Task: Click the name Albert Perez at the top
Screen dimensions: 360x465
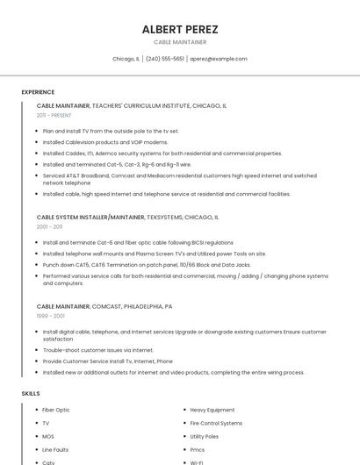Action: coord(180,30)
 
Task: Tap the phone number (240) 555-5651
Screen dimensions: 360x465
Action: coord(165,59)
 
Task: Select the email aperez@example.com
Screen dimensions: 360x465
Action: coord(219,59)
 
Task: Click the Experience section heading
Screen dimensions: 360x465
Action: coord(38,92)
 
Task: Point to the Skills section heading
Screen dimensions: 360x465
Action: coord(31,394)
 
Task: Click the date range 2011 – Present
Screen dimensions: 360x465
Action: coord(54,115)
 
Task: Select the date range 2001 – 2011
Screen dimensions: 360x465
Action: coord(50,226)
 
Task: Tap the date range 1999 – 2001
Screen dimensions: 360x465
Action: coord(50,316)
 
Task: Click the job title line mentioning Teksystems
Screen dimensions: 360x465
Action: coord(127,217)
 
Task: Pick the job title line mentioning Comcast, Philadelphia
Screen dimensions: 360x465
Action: coord(104,306)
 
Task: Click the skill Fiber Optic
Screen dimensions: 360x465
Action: coord(56,410)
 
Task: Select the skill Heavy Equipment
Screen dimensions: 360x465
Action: coord(212,410)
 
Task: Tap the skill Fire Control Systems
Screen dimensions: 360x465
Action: coord(216,423)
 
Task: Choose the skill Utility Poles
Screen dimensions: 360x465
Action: coord(204,436)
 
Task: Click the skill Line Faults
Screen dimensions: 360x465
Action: coord(55,449)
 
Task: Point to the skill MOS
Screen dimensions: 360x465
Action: coord(48,436)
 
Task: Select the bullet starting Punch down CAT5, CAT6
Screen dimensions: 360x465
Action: coord(147,264)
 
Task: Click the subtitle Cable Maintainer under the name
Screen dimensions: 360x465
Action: coord(180,42)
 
